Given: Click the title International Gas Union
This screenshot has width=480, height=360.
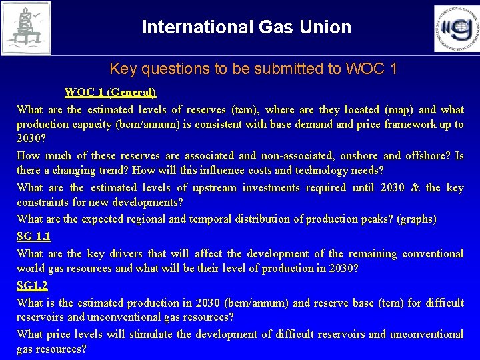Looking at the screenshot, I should click(x=247, y=27).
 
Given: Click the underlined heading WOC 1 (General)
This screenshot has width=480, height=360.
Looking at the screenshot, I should click(x=110, y=93).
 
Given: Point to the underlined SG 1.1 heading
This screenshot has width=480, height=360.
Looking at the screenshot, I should click(x=34, y=236).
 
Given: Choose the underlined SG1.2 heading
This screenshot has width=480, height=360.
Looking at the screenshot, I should click(x=33, y=285).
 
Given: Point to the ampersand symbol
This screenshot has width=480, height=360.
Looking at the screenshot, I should click(x=415, y=187).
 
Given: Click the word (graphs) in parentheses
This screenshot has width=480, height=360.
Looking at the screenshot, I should click(x=416, y=219).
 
